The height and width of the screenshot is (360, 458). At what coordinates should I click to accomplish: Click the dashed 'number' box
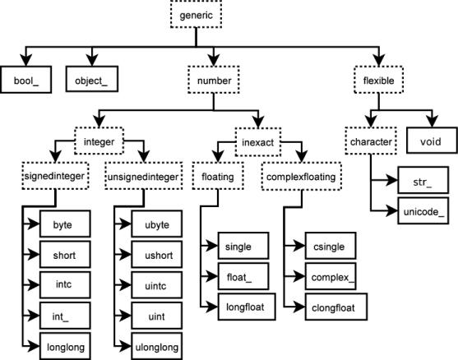tap(213, 81)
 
